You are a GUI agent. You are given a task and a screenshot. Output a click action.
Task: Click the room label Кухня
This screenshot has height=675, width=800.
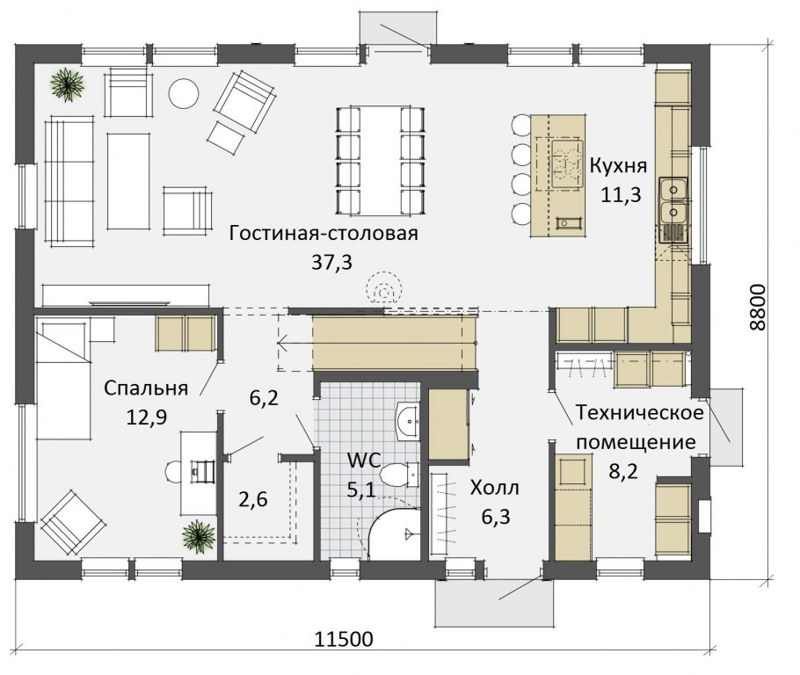pyautogui.click(x=618, y=166)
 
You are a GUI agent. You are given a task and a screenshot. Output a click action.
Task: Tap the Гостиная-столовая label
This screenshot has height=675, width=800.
pyautogui.click(x=324, y=233)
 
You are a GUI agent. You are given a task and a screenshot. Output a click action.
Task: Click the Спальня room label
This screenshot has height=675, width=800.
pyautogui.click(x=146, y=388)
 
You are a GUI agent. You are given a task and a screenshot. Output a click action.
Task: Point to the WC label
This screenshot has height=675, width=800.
pyautogui.click(x=364, y=461)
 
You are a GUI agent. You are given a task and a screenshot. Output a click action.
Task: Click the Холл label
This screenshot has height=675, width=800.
pyautogui.click(x=494, y=488)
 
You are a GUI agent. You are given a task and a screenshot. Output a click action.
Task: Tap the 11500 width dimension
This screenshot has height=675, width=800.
pyautogui.click(x=343, y=639)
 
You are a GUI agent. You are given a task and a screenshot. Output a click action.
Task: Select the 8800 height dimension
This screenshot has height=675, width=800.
pyautogui.click(x=758, y=307)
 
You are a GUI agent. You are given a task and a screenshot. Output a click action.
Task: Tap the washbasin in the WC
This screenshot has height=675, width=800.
pyautogui.click(x=408, y=421)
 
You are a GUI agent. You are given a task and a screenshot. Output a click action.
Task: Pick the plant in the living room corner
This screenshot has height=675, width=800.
pyautogui.click(x=67, y=83)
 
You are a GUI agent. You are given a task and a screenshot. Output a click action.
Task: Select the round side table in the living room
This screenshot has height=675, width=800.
pyautogui.click(x=184, y=93)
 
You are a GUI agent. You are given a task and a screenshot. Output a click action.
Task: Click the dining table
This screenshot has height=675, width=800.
pyautogui.click(x=380, y=160)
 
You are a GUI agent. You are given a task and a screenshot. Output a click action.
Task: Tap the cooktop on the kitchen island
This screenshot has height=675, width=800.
pyautogui.click(x=567, y=163)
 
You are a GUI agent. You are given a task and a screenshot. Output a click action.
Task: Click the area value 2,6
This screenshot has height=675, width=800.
pyautogui.click(x=253, y=498)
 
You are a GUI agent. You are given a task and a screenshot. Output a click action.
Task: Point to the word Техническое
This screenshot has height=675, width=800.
pyautogui.click(x=639, y=412)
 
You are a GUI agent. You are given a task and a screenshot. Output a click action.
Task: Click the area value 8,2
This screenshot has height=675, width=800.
pyautogui.click(x=623, y=471)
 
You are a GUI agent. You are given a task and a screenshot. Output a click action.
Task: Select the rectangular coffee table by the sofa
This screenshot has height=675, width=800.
pyautogui.click(x=128, y=181)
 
